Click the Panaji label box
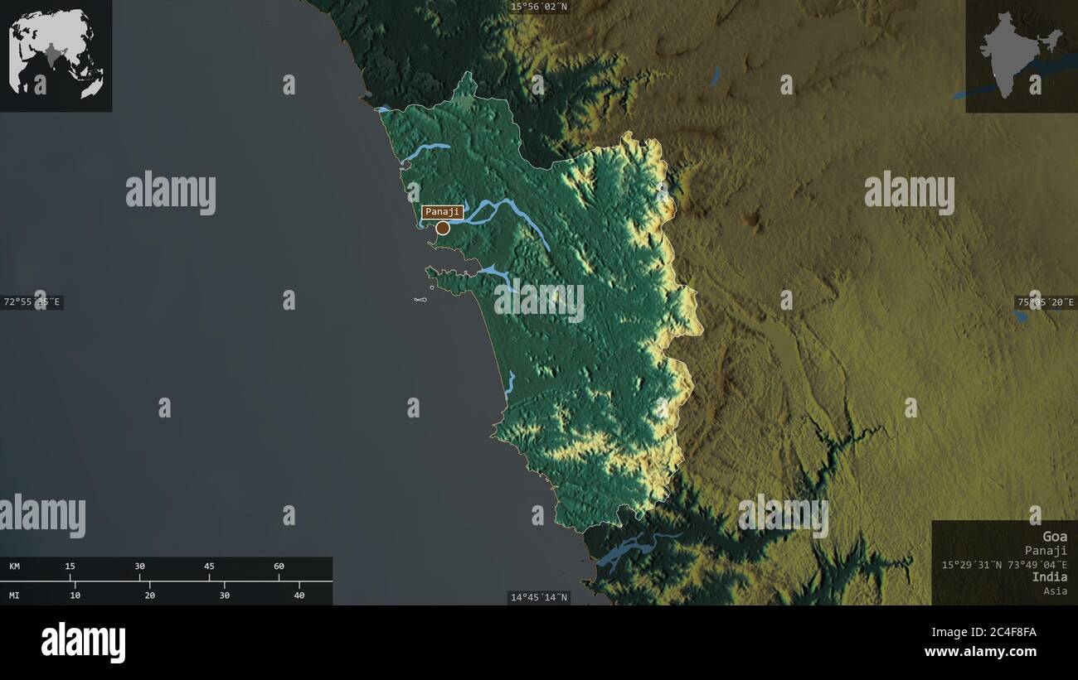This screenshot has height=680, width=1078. pos(442,212)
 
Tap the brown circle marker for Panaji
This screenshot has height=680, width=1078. pos(443,228)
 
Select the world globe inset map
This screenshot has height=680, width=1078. pos(56,55)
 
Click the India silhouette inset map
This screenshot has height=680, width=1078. pos(1021,55)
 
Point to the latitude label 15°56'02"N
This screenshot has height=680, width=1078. pos(539,7)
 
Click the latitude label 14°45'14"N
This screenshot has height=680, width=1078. pos(539,597)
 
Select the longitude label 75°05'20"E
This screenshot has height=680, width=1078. pos(1046,302)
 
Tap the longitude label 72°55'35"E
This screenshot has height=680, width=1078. pos(32,302)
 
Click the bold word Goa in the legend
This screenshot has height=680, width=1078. pos(1055,537)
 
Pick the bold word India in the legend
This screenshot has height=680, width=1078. pos(1050,576)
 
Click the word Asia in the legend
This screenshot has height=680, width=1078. pos(1056,591)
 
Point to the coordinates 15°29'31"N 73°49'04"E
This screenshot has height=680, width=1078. pos(1004,564)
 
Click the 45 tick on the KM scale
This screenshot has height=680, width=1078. pos(209,567)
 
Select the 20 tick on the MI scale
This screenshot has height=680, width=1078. pos(150,595)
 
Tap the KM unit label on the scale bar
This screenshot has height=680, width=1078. pos(15,567)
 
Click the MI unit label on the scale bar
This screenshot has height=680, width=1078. pos(15,595)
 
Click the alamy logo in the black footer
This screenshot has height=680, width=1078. pos(83,643)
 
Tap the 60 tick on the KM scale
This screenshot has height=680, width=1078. pos(279,567)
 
